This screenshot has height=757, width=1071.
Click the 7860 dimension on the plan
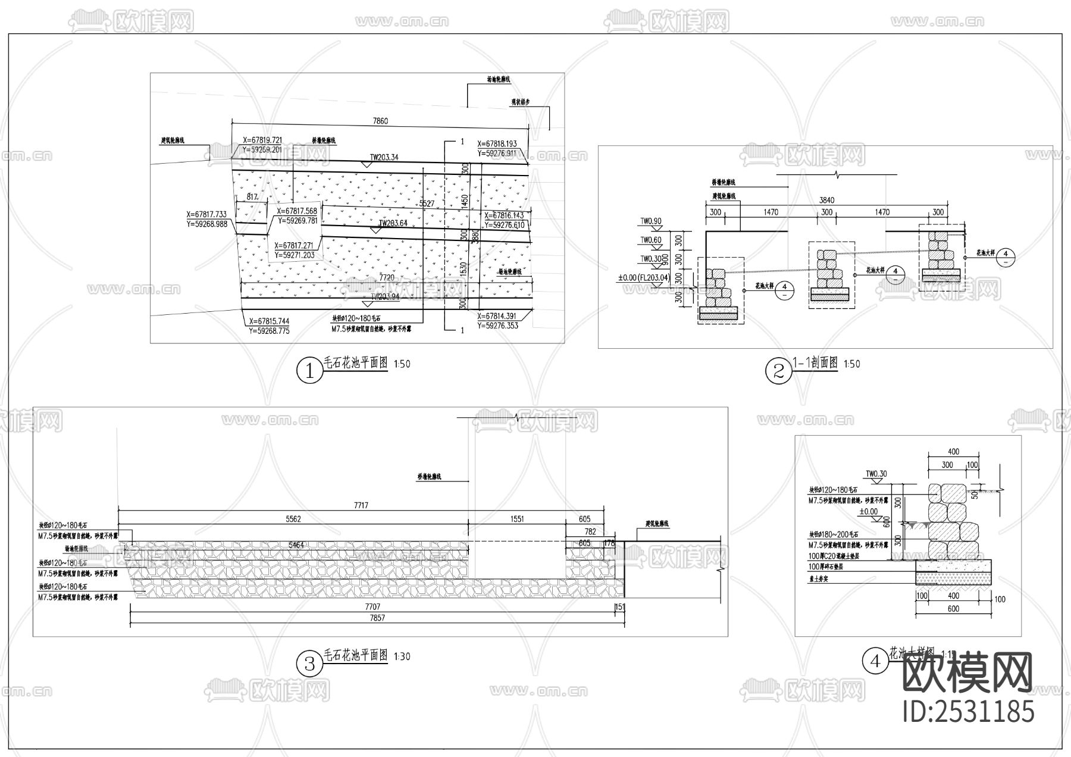pyautogui.click(x=380, y=121)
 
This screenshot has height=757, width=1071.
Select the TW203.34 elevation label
pyautogui.click(x=384, y=158)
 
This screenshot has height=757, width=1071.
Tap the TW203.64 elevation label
pyautogui.click(x=393, y=223)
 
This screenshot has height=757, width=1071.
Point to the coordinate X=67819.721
pyautogui.click(x=262, y=141)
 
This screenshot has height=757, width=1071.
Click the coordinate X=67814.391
pyautogui.click(x=497, y=317)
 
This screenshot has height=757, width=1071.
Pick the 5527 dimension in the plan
pyautogui.click(x=427, y=204)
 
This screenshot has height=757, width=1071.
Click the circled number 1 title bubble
pyautogui.click(x=309, y=371)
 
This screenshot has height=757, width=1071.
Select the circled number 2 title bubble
pyautogui.click(x=778, y=371)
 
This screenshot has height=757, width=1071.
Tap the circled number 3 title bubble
pyautogui.click(x=309, y=663)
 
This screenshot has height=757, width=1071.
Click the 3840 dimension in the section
pyautogui.click(x=826, y=200)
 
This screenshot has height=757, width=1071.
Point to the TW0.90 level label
pyautogui.click(x=650, y=221)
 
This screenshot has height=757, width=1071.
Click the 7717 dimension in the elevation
pyautogui.click(x=361, y=505)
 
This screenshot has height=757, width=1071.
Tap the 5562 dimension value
pyautogui.click(x=293, y=519)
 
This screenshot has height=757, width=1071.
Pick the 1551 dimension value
pyautogui.click(x=517, y=519)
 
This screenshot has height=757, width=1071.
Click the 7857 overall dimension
pyautogui.click(x=377, y=618)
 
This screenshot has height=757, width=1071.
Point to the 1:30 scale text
pyautogui.click(x=402, y=656)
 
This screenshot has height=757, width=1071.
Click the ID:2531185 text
pyautogui.click(x=969, y=712)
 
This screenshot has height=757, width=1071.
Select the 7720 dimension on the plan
pyautogui.click(x=387, y=277)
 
